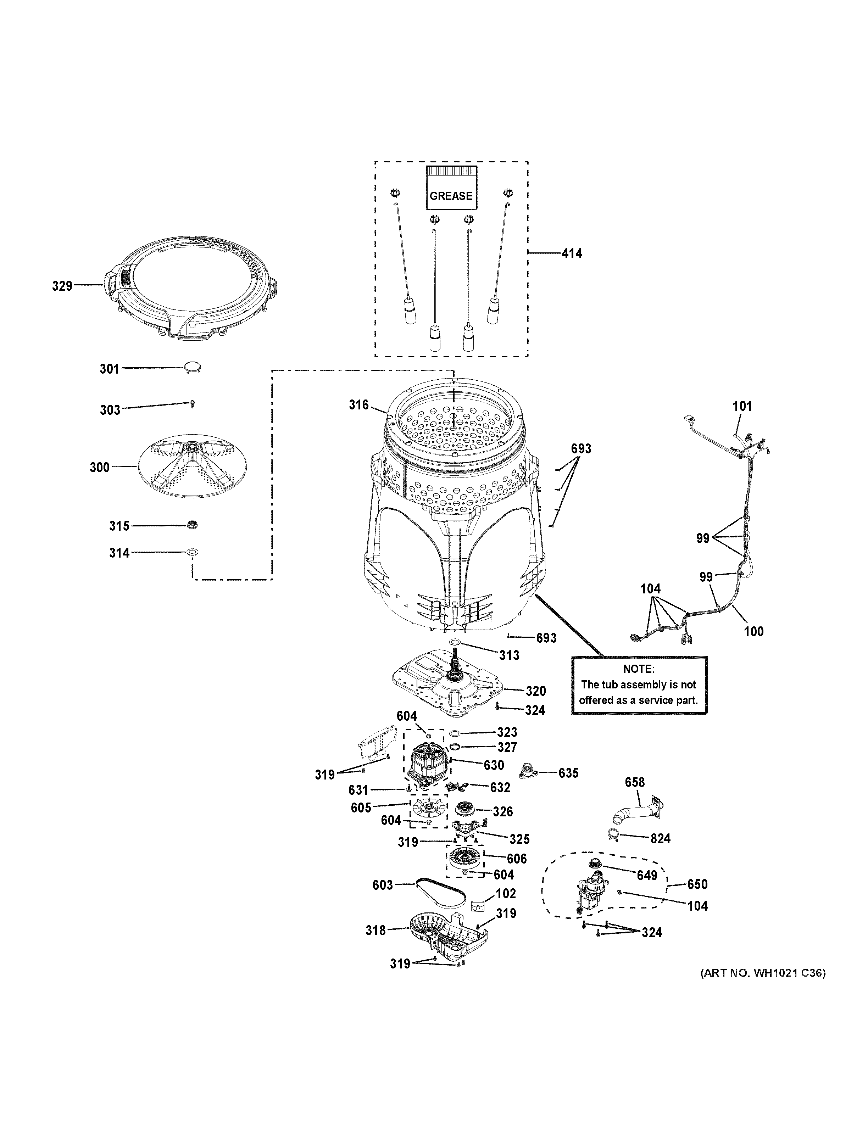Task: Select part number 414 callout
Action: point(572,253)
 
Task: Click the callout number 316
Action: point(358,405)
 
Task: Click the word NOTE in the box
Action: point(639,669)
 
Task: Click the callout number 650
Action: point(697,884)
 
